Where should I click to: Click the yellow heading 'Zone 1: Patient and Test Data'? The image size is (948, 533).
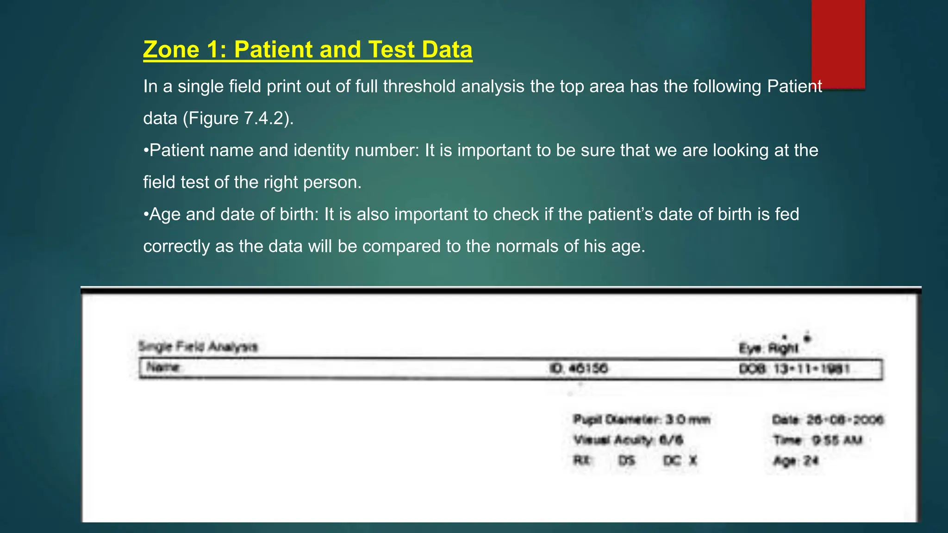pyautogui.click(x=307, y=50)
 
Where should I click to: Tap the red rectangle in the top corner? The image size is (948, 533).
pyautogui.click(x=838, y=44)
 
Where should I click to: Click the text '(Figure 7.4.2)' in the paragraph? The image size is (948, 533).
pyautogui.click(x=238, y=118)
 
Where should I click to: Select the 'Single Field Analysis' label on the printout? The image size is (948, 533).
pyautogui.click(x=198, y=347)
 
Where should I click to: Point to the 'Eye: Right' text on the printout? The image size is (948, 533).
pyautogui.click(x=769, y=348)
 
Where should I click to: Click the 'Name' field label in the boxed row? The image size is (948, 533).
pyautogui.click(x=163, y=368)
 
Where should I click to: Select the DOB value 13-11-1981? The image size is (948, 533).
pyautogui.click(x=812, y=369)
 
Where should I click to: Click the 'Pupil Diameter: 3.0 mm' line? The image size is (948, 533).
pyautogui.click(x=642, y=420)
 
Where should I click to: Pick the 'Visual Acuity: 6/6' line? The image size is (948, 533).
pyautogui.click(x=628, y=440)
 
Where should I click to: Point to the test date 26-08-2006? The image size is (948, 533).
pyautogui.click(x=845, y=420)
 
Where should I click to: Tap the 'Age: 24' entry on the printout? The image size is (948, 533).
pyautogui.click(x=796, y=461)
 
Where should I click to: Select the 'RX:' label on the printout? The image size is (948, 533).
pyautogui.click(x=582, y=461)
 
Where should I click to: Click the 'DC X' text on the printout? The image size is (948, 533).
pyautogui.click(x=680, y=461)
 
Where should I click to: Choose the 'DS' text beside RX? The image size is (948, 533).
pyautogui.click(x=627, y=461)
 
